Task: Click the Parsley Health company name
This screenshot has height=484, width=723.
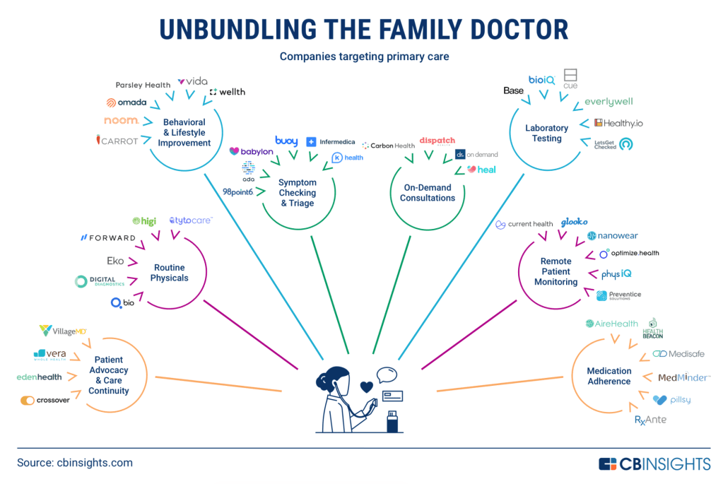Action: pyautogui.click(x=143, y=85)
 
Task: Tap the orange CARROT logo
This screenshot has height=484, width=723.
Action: pyautogui.click(x=117, y=141)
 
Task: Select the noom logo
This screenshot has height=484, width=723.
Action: pyautogui.click(x=121, y=121)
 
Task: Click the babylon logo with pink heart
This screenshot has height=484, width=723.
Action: pyautogui.click(x=252, y=151)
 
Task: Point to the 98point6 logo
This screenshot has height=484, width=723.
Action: pyautogui.click(x=237, y=191)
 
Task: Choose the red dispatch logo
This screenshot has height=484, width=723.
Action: pyautogui.click(x=437, y=141)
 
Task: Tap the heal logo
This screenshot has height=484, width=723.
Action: pyautogui.click(x=481, y=170)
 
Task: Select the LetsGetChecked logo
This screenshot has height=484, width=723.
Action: pyautogui.click(x=613, y=144)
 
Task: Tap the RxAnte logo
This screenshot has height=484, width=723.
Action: pyautogui.click(x=650, y=420)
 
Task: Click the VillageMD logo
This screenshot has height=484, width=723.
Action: pyautogui.click(x=63, y=330)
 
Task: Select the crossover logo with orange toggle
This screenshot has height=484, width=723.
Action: pyautogui.click(x=45, y=401)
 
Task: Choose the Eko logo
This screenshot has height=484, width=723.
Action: pyautogui.click(x=114, y=261)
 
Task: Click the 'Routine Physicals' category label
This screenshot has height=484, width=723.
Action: pyautogui.click(x=170, y=273)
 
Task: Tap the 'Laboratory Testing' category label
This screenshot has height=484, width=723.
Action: pyautogui.click(x=546, y=133)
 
